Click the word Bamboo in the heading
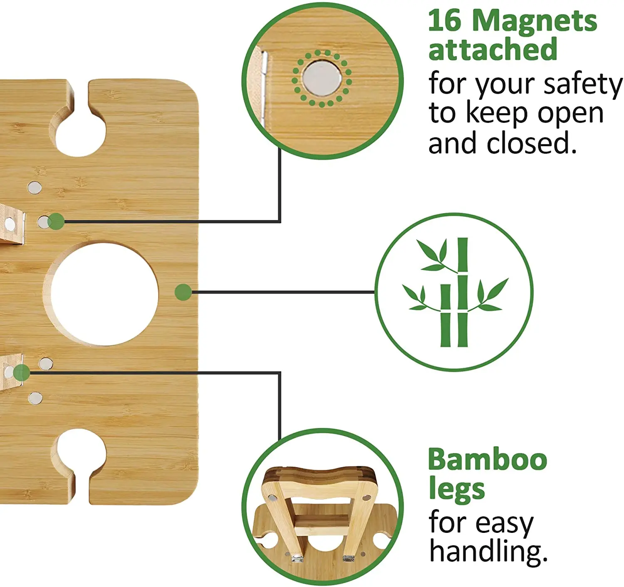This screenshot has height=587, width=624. [488, 460]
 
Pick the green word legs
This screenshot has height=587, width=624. [457, 490]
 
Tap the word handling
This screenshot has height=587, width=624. [488, 551]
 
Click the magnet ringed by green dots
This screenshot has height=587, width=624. [322, 78]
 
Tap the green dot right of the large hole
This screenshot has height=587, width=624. [183, 292]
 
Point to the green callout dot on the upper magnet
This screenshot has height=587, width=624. [56, 221]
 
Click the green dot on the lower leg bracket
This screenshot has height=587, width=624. [21, 372]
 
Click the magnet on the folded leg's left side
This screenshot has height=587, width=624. [272, 498]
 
